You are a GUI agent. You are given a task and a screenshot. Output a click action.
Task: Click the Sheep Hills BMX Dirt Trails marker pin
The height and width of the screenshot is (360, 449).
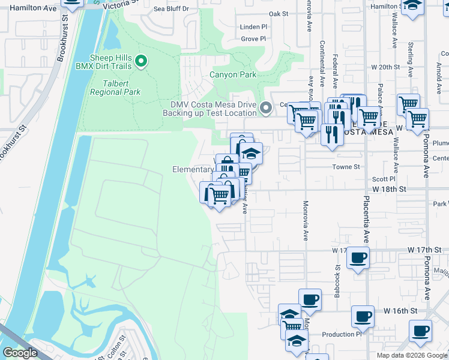coord(141,61)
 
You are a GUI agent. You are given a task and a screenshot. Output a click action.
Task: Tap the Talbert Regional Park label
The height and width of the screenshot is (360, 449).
coord(115,88)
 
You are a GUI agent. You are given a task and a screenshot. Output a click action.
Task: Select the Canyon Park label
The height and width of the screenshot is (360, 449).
coord(233,75)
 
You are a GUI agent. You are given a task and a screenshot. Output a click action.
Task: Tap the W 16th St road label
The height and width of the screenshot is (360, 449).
coord(400,311)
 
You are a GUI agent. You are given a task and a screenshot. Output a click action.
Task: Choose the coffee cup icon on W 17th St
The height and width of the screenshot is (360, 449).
coord(358,257)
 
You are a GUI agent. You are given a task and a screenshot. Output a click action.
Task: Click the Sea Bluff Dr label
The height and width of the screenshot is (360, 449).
coord(171,9)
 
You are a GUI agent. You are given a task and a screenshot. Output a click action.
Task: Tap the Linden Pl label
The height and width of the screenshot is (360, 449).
coord(253,27)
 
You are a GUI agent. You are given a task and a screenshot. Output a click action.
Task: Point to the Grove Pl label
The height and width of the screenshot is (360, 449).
coord(253,39)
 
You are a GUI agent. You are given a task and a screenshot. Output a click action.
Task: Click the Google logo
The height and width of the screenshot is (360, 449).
coord(20,353)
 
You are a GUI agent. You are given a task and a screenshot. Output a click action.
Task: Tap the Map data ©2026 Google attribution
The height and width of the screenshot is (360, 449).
coord(411,355)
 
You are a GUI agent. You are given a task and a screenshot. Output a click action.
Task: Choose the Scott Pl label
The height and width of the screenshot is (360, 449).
coord(384,179)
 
